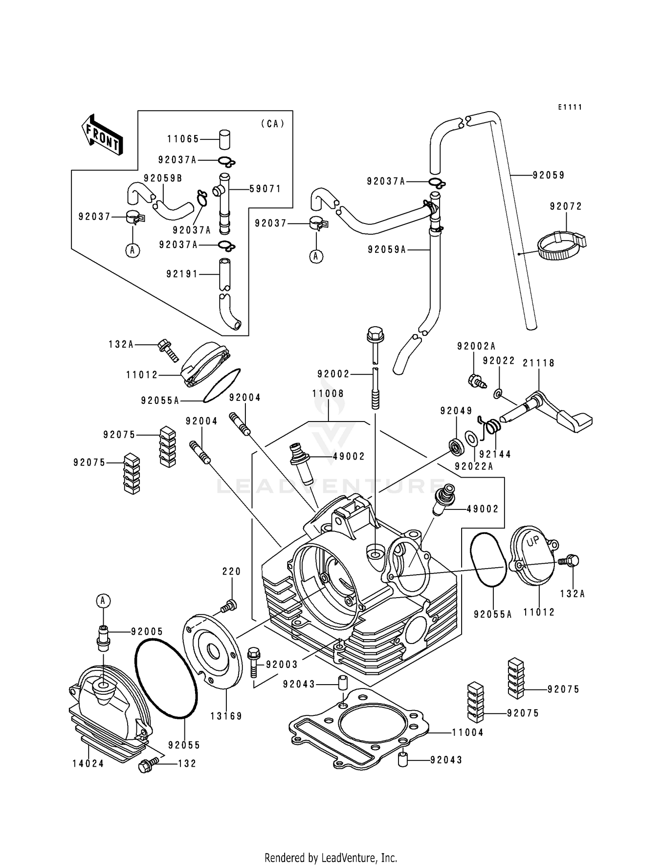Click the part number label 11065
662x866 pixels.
pyautogui.click(x=183, y=139)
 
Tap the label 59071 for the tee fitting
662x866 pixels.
pyautogui.click(x=265, y=189)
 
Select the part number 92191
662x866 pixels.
pyautogui.click(x=182, y=274)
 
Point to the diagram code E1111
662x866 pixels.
pyautogui.click(x=570, y=107)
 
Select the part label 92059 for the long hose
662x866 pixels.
pyautogui.click(x=549, y=175)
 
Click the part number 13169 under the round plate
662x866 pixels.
pyautogui.click(x=226, y=716)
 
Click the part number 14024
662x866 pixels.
pyautogui.click(x=88, y=764)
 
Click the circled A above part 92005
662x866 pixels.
pyautogui.click(x=103, y=601)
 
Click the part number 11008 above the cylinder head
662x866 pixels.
pyautogui.click(x=328, y=393)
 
